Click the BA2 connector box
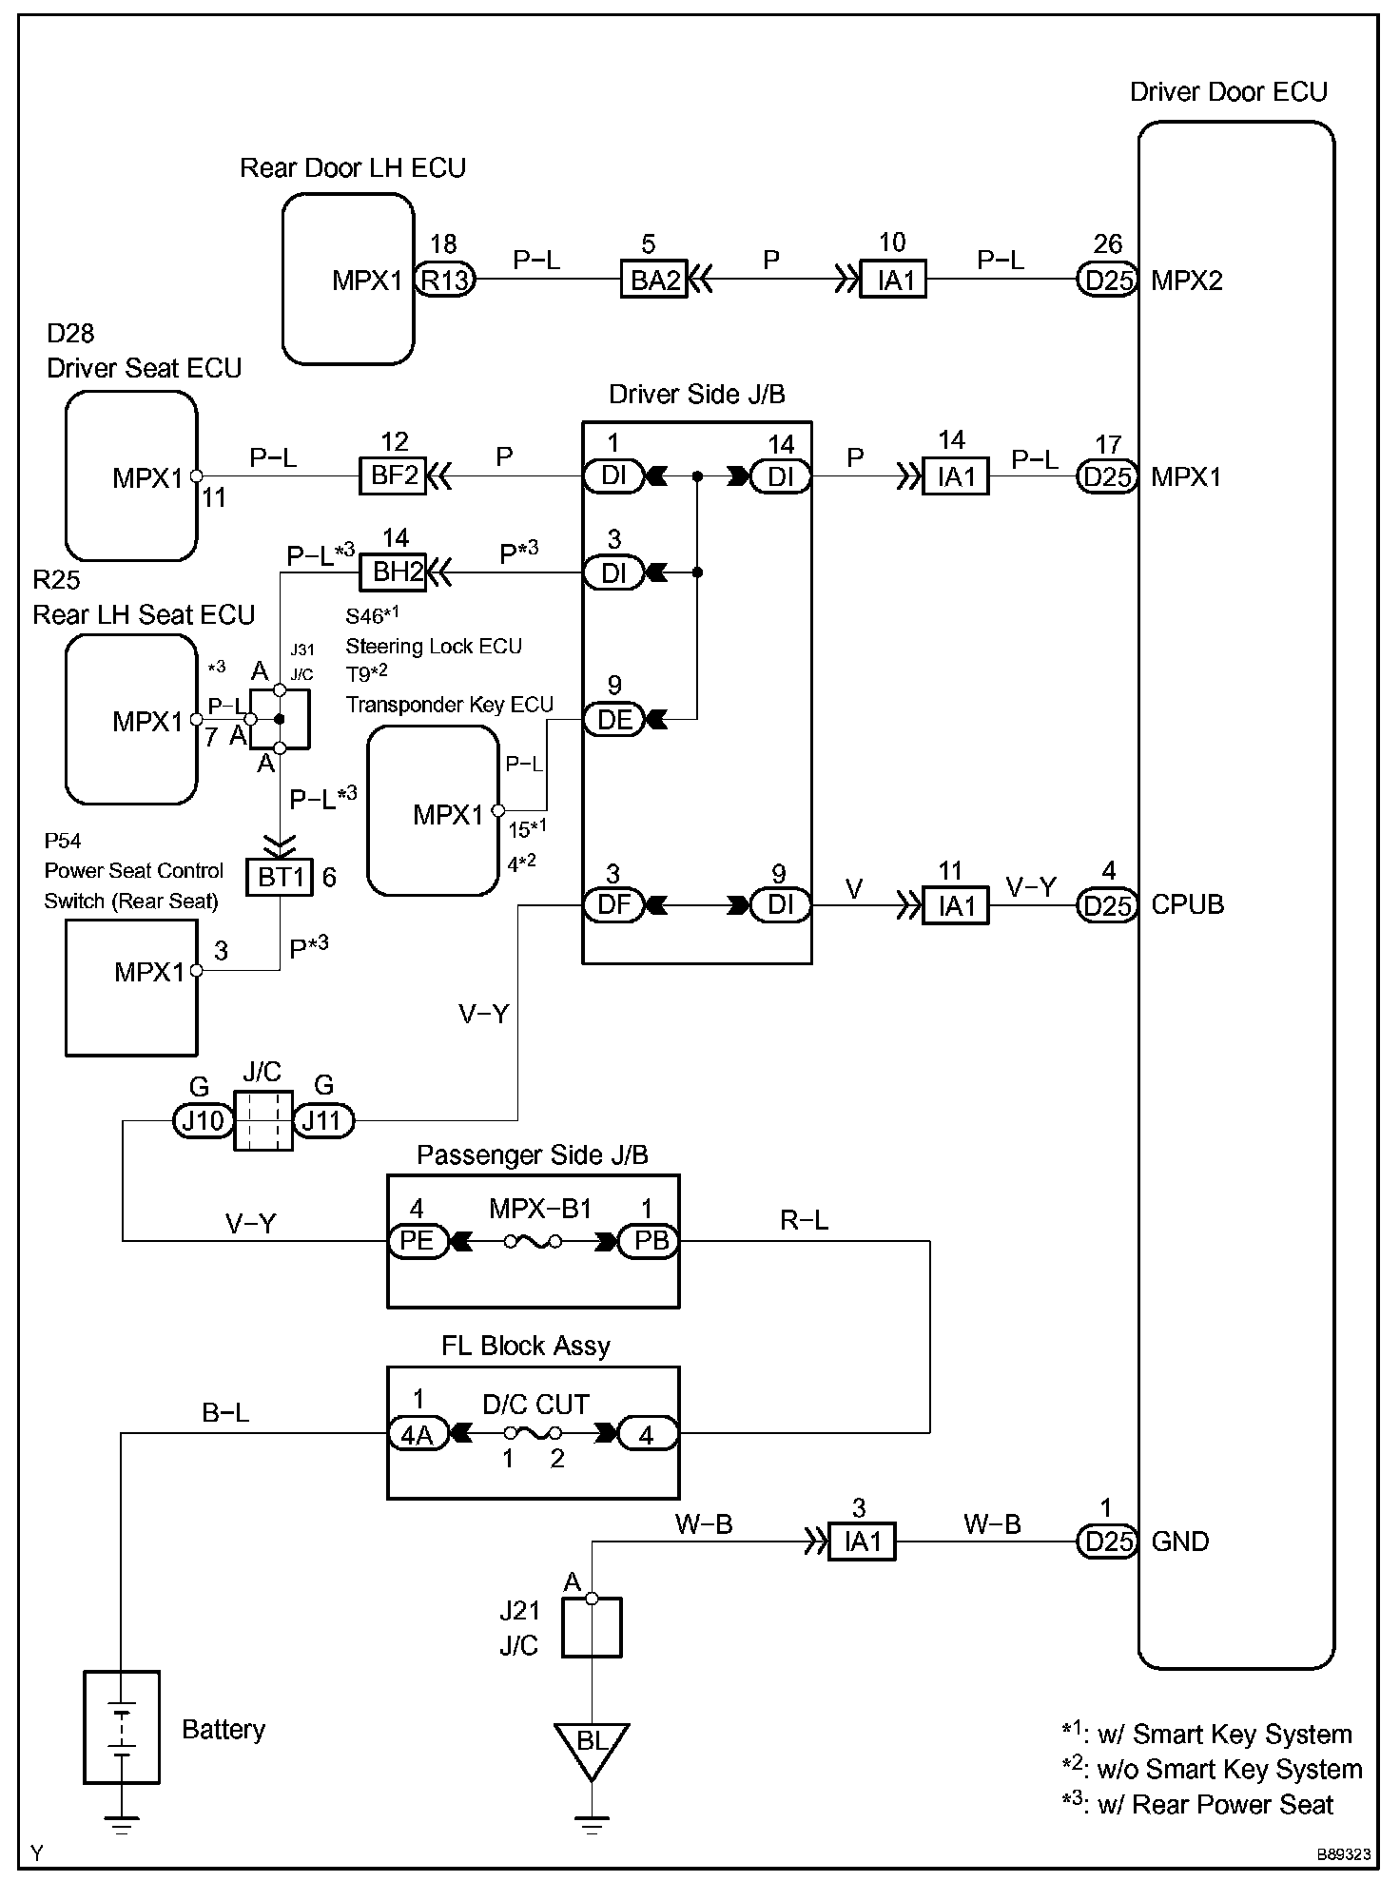pos(655,280)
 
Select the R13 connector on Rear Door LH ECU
pos(445,280)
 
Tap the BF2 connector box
pos(393,475)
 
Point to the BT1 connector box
pos(281,877)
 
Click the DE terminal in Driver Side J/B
pos(613,720)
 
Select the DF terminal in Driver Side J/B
pos(613,904)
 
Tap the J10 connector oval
pos(203,1121)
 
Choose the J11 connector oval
pos(322,1121)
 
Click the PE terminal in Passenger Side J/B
pos(418,1241)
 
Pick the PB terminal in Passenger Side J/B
pos(650,1241)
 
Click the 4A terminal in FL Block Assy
pos(418,1434)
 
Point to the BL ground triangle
pos(592,1746)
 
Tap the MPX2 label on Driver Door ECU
pos(1186,281)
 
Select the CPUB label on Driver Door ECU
pos(1187,904)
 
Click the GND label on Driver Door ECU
pos(1179,1541)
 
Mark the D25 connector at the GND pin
pos(1107,1541)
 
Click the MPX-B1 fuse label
pos(540,1209)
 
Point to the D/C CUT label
pos(535,1404)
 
